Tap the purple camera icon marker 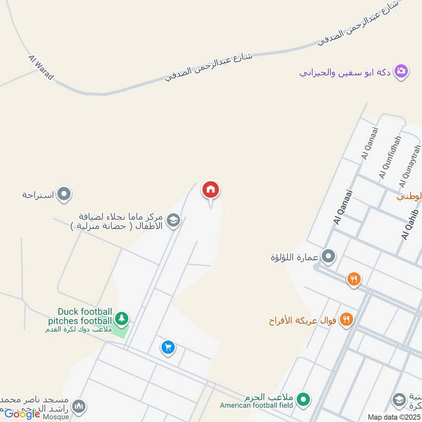401,71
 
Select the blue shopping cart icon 168,347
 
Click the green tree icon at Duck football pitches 122,318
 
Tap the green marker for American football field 303,399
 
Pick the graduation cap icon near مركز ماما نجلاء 172,220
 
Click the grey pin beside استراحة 64,195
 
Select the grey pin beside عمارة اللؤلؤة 328,257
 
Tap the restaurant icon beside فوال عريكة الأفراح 346,319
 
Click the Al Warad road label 41,68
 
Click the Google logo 22,414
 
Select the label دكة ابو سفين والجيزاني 346,72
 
